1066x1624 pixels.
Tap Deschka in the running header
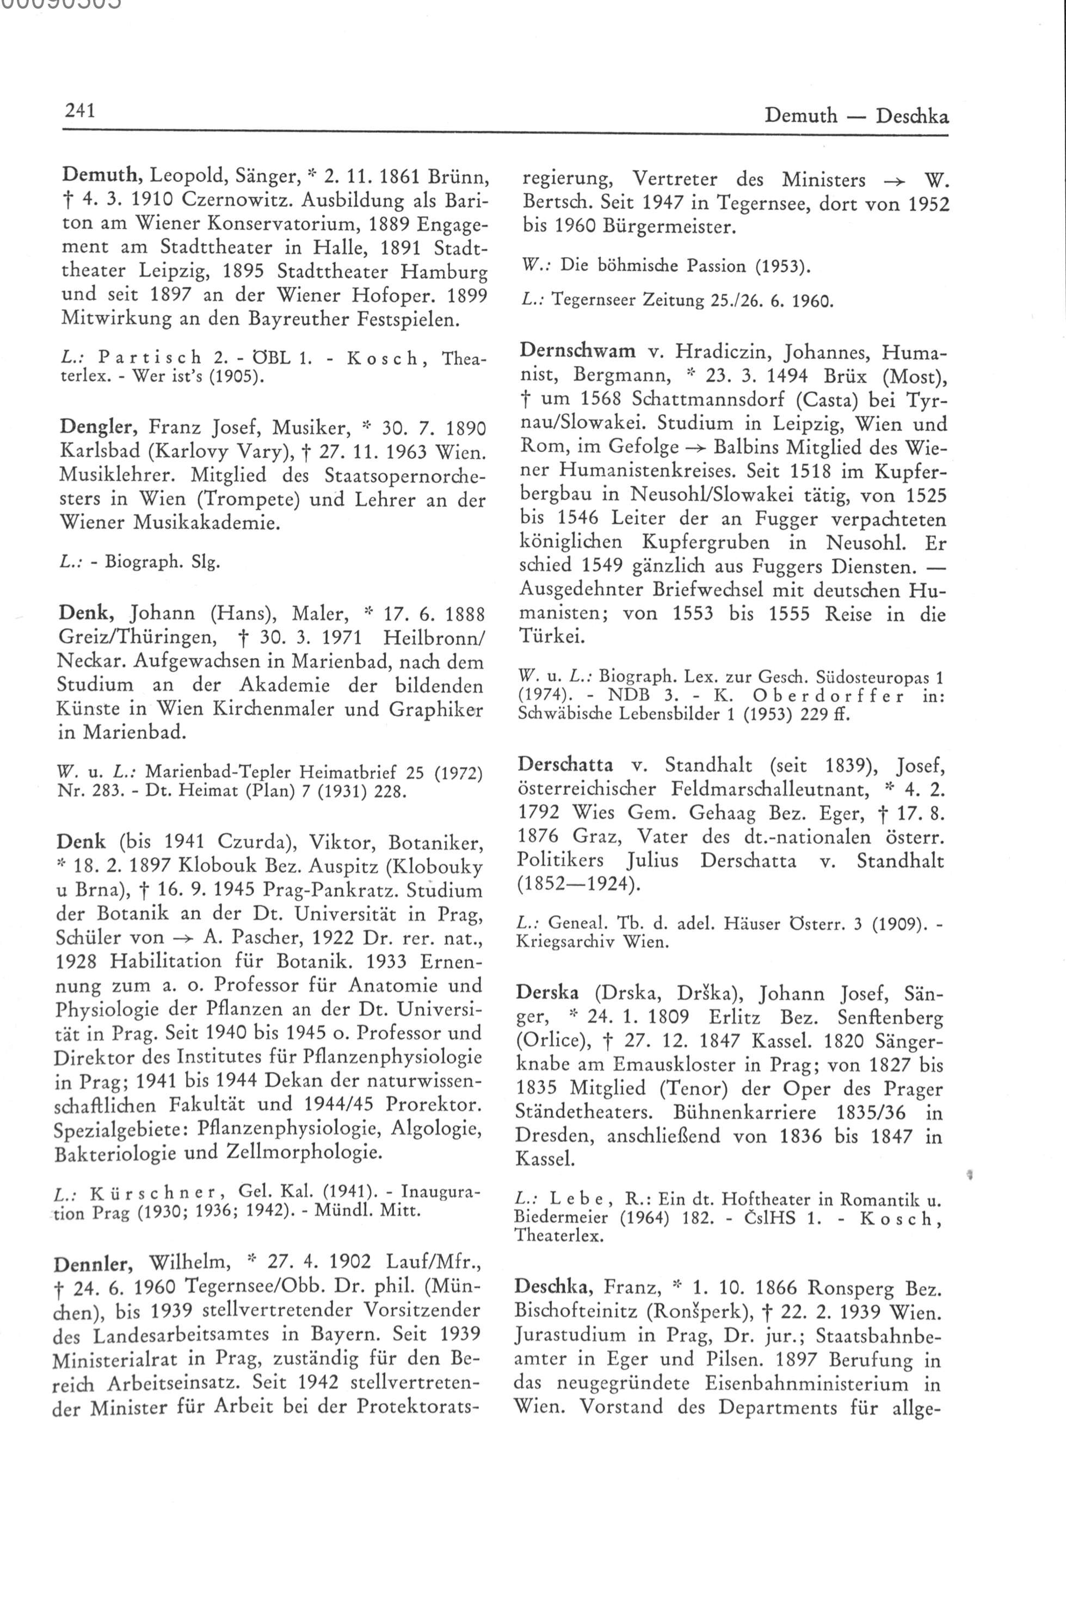912,116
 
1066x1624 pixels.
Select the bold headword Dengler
97,428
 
